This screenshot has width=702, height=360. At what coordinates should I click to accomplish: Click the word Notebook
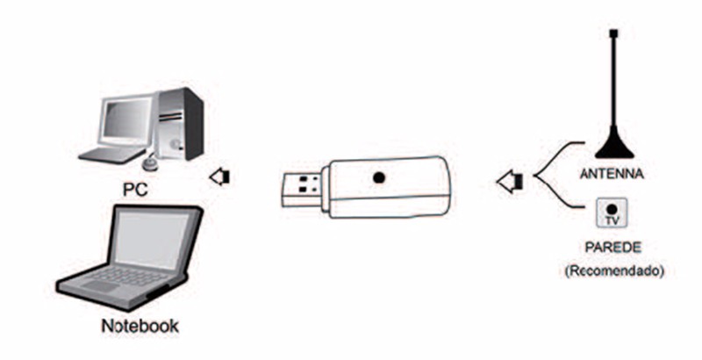(140, 326)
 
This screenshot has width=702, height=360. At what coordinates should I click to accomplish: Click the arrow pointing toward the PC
(219, 177)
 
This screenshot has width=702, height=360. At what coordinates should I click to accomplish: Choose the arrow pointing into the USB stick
(508, 182)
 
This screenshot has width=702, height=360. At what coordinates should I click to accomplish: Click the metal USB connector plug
(303, 187)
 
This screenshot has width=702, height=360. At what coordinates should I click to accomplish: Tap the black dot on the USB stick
(379, 177)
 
